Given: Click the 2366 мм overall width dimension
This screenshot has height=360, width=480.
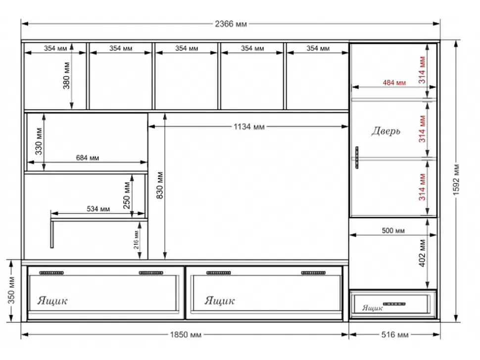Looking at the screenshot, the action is coord(231,24).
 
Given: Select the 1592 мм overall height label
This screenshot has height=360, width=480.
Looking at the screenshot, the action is coord(456,180).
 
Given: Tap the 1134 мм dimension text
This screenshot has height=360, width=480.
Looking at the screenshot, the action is coord(249,127).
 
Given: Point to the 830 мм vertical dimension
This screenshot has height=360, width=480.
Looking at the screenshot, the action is coord(160,185).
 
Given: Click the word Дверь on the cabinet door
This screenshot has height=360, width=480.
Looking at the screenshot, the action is coord(385,131).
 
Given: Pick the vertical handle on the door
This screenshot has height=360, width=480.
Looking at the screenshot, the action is coord(357,158).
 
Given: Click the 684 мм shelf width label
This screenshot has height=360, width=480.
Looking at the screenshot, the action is coord(87,158).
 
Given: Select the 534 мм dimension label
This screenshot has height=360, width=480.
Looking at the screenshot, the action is coord(98,209).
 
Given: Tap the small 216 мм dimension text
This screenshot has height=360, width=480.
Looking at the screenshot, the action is coord(136,240).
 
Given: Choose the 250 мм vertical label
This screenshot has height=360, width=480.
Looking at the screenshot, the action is coord(127,196).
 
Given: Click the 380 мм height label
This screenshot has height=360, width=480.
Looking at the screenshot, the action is coord(66,76).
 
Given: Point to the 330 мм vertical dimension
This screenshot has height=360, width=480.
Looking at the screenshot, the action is coord(39,141).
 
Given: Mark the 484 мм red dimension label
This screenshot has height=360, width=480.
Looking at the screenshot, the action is coord(394,83).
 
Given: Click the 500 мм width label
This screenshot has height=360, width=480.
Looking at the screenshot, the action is coord(393,230).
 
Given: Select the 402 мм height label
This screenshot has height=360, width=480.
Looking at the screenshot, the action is coord(422,253).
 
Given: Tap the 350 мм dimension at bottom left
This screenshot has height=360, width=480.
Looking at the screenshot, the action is coord(11,290).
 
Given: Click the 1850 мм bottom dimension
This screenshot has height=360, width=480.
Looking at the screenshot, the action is coord(186,335).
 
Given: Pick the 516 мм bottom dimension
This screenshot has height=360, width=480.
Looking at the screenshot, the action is coord(394,335).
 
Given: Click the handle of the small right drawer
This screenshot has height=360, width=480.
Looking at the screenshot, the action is coord(394,304).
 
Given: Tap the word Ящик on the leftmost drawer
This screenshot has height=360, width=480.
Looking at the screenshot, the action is coord(52,301).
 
